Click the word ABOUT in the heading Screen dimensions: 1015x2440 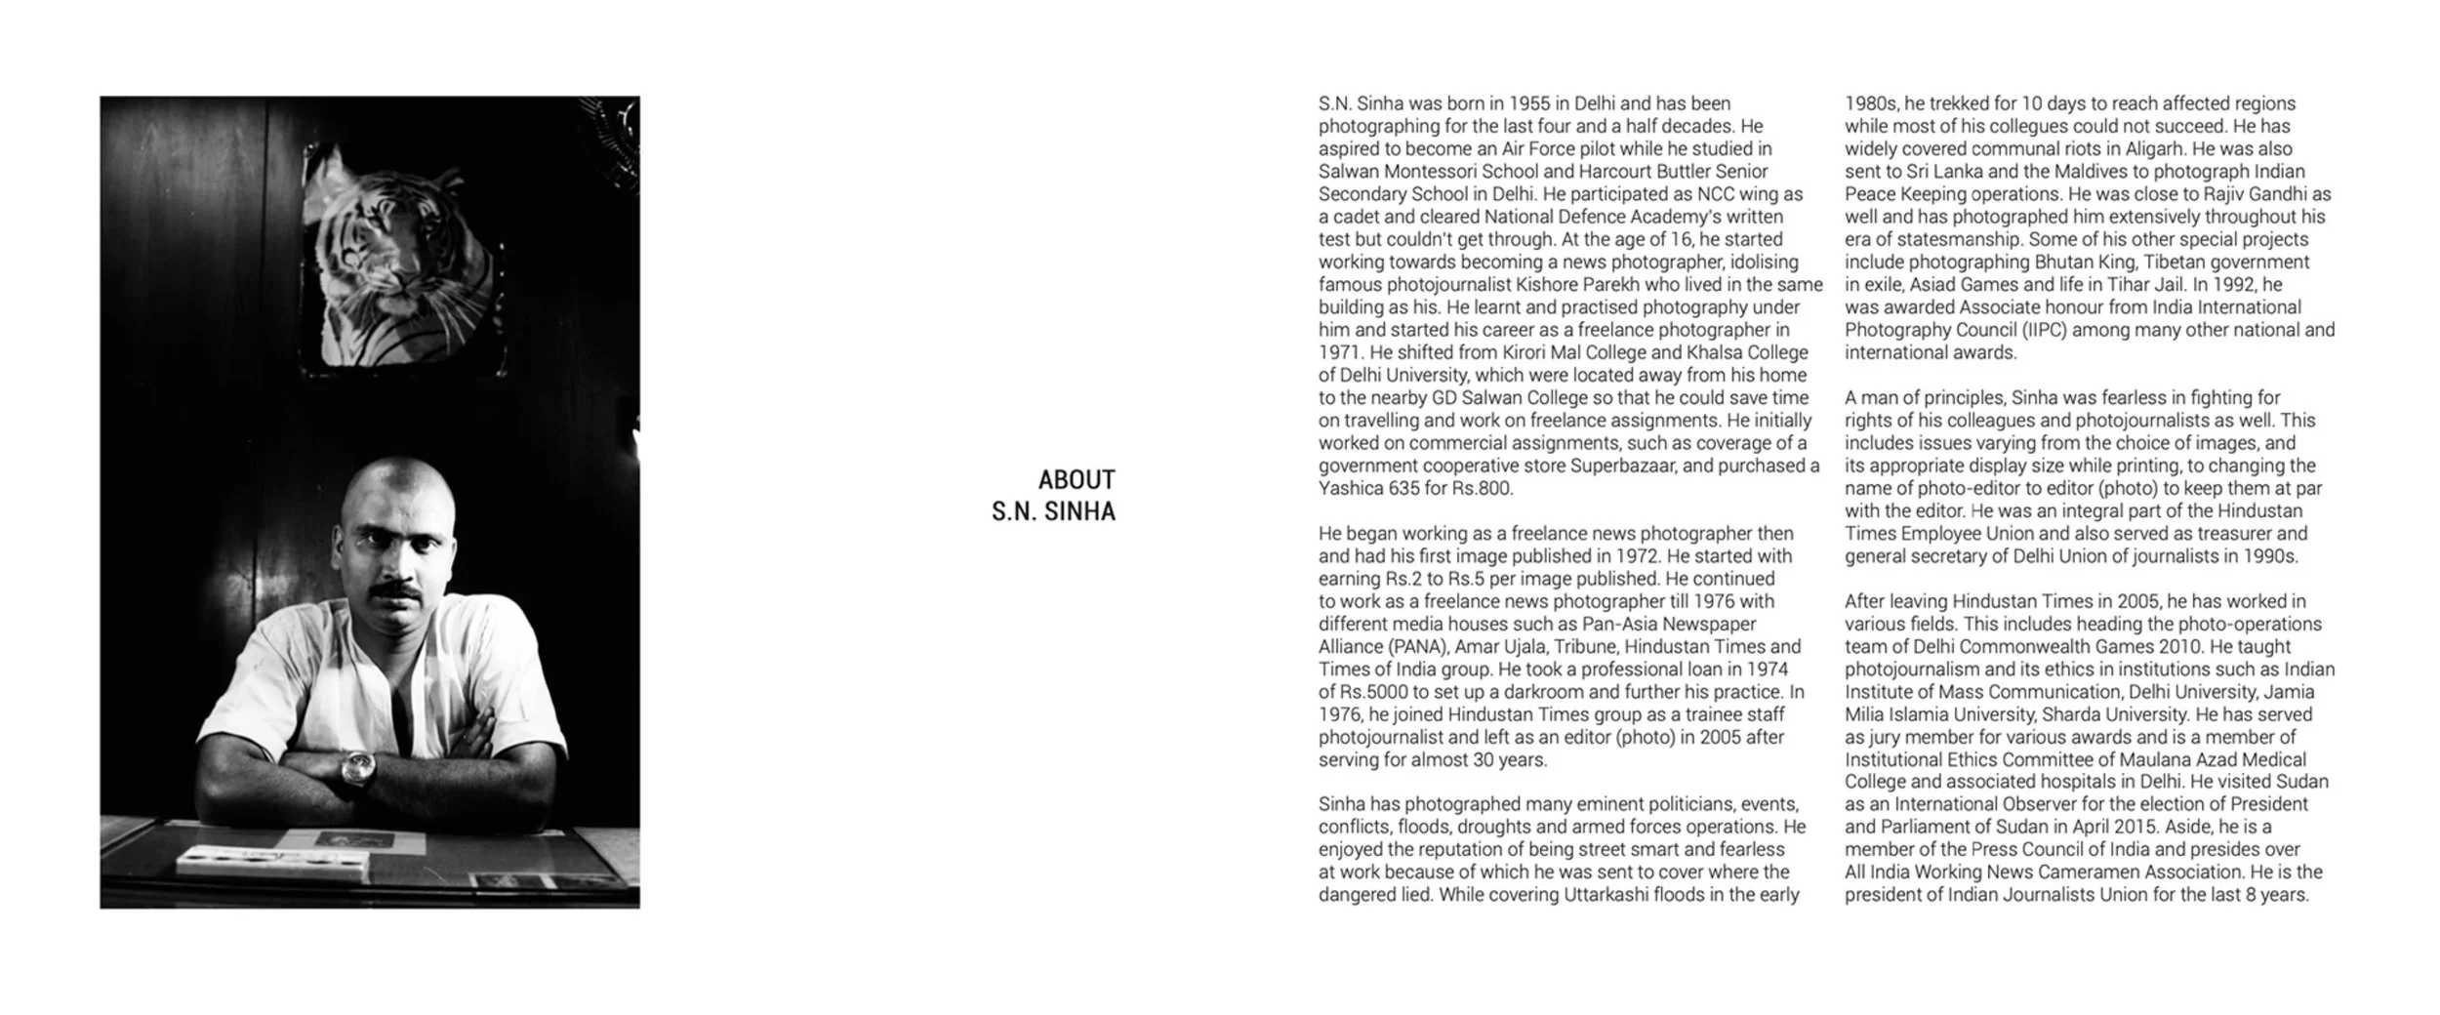[1076, 480]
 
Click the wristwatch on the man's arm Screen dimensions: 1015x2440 [357, 769]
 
